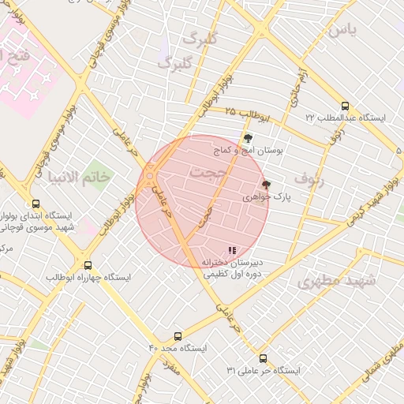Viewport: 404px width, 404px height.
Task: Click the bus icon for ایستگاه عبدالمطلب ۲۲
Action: (345, 106)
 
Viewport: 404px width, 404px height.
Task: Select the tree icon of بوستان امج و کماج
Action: (249, 138)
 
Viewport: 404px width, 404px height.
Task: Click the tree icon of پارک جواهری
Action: (266, 185)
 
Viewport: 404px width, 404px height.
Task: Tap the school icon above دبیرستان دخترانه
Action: (232, 251)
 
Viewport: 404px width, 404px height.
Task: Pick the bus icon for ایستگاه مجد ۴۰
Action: (178, 336)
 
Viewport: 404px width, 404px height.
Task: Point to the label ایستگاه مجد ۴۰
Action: (178, 348)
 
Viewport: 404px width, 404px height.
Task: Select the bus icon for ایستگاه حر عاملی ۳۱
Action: (263, 359)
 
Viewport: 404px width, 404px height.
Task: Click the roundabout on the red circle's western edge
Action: (150, 174)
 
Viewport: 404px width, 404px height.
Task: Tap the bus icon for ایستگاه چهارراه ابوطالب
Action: (88, 266)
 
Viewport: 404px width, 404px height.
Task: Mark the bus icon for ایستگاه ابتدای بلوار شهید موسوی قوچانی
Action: (36, 204)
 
